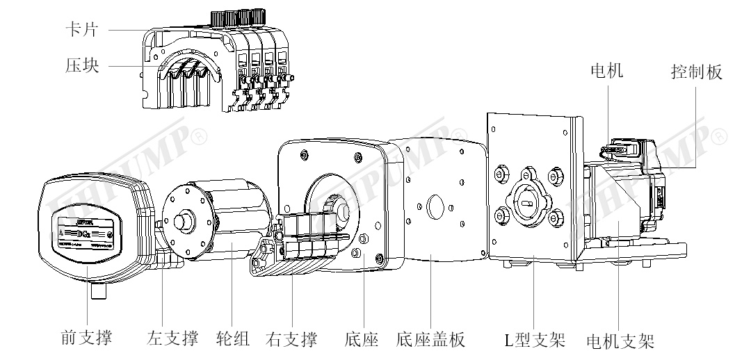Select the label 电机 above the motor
click(606, 71)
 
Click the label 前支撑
click(84, 338)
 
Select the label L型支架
click(534, 340)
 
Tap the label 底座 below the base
click(362, 339)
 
